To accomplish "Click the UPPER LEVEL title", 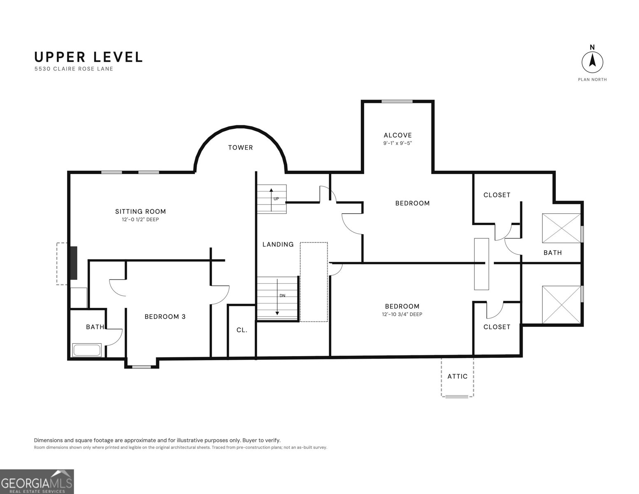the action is (x=88, y=57).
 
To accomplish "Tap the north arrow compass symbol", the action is (x=592, y=62).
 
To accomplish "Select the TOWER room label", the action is (x=240, y=147).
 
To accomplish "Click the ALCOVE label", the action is (x=397, y=135).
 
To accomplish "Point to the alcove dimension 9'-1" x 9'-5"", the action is (x=397, y=143).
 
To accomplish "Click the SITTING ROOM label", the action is (x=140, y=211).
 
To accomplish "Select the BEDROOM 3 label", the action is (x=165, y=317).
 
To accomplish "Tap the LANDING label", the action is (x=278, y=244).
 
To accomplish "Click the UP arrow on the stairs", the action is (x=271, y=200).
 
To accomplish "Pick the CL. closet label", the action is (x=242, y=330).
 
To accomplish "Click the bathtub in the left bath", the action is (x=87, y=350).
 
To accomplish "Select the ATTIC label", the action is (x=457, y=376).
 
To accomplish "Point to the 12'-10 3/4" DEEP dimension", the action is (x=402, y=314).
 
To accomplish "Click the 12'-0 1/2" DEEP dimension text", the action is (x=140, y=219).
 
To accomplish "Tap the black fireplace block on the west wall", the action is (x=73, y=263).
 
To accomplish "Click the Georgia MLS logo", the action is (x=37, y=482).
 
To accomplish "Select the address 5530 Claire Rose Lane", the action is (x=74, y=69).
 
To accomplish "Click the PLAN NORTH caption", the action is (x=592, y=79).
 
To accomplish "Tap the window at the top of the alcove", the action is (x=397, y=102).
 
